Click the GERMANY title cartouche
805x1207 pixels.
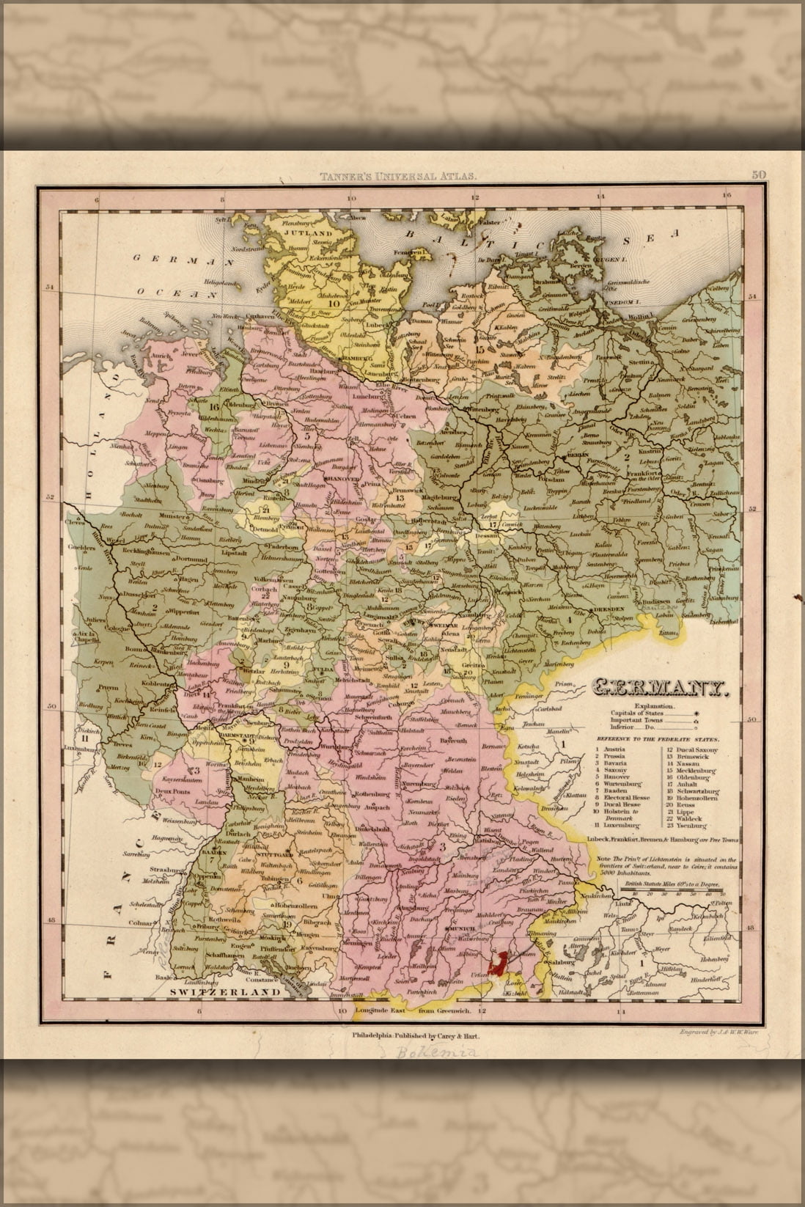coord(658,689)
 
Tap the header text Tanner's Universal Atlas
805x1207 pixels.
coord(398,175)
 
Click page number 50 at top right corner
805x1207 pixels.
coord(757,175)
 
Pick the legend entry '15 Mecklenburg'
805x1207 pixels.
coord(693,771)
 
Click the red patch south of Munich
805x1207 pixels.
coord(499,962)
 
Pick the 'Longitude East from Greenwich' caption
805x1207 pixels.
coord(414,1010)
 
